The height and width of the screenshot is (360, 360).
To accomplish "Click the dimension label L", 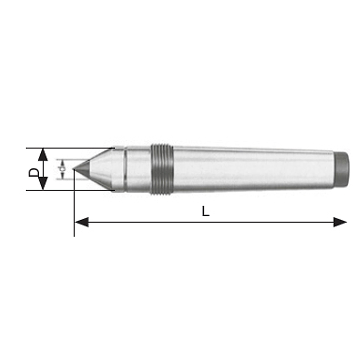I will pyautogui.click(x=205, y=212).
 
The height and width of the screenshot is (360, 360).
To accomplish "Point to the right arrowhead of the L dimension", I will pyautogui.click(x=340, y=222).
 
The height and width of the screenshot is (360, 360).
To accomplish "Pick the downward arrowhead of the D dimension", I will pyautogui.click(x=43, y=183).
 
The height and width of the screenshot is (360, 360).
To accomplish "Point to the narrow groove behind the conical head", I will pyautogui.click(x=125, y=169).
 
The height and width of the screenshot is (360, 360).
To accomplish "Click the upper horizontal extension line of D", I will pyautogui.click(x=68, y=148).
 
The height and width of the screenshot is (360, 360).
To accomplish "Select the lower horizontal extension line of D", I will pyautogui.click(x=68, y=190).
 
